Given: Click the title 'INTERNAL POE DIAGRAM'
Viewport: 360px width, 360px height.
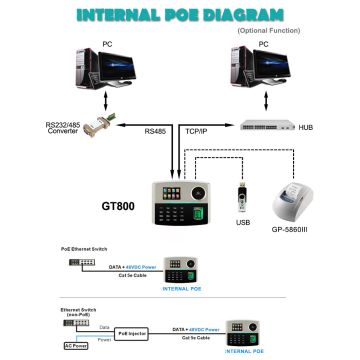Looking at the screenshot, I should point(179,14).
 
